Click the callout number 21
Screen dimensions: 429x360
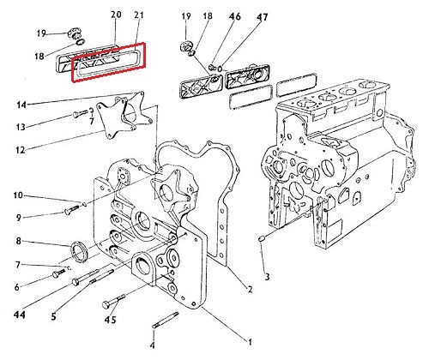138,15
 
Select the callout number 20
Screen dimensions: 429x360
116,15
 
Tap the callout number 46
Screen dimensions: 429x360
234,16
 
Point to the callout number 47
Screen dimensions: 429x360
262,17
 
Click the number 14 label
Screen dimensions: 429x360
21,105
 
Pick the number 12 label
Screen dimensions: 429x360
21,150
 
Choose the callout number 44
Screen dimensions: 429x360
20,315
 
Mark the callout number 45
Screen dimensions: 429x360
110,320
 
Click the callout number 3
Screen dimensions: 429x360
267,277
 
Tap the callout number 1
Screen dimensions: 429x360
250,342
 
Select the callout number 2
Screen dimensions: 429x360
250,289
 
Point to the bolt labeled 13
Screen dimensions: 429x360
81,113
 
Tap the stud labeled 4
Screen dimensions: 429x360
166,320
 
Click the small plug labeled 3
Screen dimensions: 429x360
262,238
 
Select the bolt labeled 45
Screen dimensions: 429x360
113,301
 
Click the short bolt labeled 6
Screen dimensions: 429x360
58,273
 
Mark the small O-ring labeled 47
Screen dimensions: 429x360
220,69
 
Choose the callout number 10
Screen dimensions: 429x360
18,195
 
